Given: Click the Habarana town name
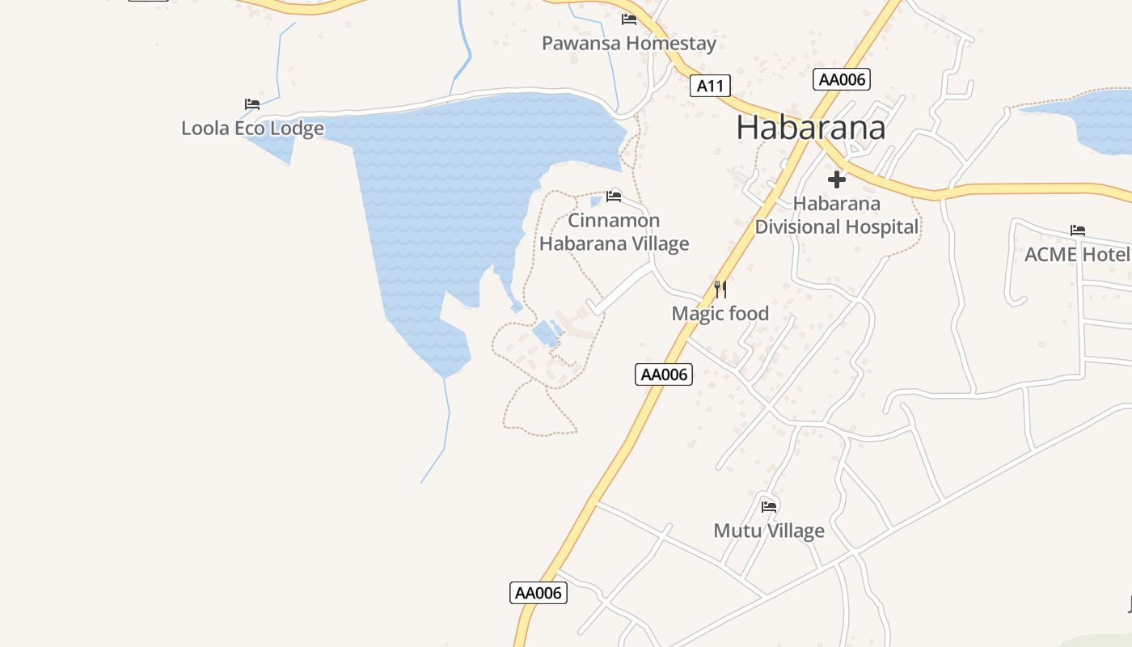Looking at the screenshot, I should click(x=810, y=128).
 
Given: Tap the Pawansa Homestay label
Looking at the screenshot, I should click(x=628, y=43).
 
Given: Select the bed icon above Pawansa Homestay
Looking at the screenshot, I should click(x=628, y=19).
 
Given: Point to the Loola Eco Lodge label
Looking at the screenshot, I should click(x=252, y=128).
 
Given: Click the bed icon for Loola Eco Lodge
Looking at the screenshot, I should click(x=252, y=104).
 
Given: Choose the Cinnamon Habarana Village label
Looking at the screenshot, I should click(x=614, y=232).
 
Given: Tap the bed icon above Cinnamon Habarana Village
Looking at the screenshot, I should click(x=614, y=196).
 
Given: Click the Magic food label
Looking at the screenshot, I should click(x=720, y=313).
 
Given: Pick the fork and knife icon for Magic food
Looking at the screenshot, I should click(x=720, y=289).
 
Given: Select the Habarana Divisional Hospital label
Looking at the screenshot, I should click(x=837, y=216).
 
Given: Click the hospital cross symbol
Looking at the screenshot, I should click(x=837, y=180).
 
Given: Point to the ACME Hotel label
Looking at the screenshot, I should click(x=1076, y=255).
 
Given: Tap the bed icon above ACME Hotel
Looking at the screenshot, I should click(x=1077, y=230).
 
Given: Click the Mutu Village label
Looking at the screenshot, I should click(x=768, y=531).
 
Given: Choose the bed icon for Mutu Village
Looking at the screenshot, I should click(x=768, y=507).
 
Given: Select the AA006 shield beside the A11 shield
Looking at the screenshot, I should click(x=842, y=79).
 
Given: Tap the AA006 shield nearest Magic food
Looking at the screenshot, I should click(x=664, y=374).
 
